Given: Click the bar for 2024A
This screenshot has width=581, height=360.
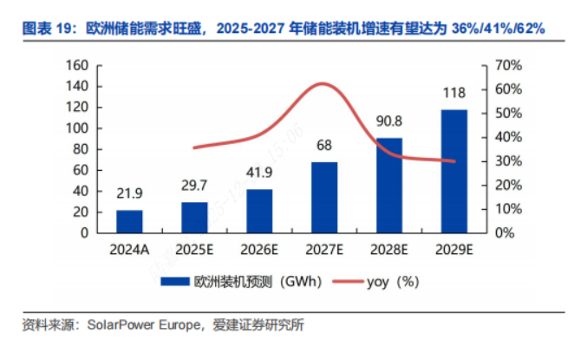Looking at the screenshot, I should [129, 221].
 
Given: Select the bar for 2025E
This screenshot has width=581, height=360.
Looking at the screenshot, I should [194, 217].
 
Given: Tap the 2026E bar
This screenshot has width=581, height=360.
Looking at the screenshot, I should [259, 211].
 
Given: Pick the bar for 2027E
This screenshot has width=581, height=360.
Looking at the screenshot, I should [324, 197].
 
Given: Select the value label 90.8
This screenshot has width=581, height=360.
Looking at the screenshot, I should [389, 125].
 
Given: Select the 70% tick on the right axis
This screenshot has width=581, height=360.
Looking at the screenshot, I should [506, 66].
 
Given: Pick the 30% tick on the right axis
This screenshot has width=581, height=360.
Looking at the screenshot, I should [506, 161].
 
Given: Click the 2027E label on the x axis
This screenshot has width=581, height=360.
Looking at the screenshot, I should [324, 252].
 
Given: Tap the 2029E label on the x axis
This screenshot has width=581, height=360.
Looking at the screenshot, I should [454, 252].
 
